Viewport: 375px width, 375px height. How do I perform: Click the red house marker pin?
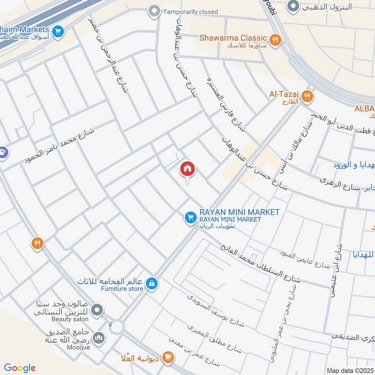[187, 169]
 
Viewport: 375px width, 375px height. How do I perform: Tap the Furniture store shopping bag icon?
[151, 284]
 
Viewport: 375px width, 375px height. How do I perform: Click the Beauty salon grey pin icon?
[97, 309]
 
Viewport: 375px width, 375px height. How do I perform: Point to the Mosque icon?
[98, 337]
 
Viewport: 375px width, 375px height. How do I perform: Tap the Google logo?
[20, 368]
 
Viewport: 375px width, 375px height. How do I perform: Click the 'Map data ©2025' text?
[349, 370]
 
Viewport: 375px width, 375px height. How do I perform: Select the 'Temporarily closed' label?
[190, 12]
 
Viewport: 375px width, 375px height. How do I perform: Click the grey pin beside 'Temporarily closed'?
[153, 11]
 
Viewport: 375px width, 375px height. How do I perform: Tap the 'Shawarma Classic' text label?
[233, 37]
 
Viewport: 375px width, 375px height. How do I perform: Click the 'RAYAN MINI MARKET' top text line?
[239, 212]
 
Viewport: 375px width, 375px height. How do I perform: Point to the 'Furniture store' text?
[122, 289]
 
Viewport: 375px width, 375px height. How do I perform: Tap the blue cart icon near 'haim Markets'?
[58, 31]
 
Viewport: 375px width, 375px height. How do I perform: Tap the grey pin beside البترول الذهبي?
[293, 7]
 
